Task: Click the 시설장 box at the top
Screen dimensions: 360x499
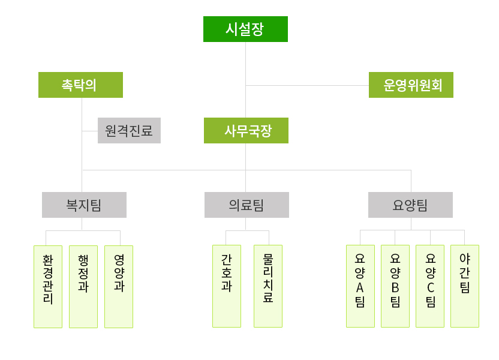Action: [x=245, y=29]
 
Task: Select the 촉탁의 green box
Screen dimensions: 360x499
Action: [x=80, y=85]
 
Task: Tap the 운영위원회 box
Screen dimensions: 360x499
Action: [x=411, y=85]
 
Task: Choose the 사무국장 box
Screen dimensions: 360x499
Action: [x=246, y=130]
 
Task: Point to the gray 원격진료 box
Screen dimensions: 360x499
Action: [x=129, y=130]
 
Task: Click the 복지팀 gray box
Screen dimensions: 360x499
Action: [x=84, y=205]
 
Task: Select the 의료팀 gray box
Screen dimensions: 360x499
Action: [x=247, y=205]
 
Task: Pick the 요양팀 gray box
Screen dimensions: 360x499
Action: [x=410, y=205]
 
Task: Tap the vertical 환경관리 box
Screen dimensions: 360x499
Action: [x=48, y=286]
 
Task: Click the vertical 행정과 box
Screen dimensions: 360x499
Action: [x=83, y=286]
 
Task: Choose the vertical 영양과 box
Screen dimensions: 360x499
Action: [x=119, y=286]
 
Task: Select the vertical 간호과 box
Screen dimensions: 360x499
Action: [x=227, y=286]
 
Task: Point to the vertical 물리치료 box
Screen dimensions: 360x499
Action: [x=268, y=286]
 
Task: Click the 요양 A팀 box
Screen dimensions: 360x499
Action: [x=360, y=286]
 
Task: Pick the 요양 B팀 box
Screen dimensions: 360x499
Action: [x=395, y=286]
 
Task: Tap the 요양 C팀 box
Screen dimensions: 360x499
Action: [x=430, y=286]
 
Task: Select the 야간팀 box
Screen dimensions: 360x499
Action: [x=465, y=286]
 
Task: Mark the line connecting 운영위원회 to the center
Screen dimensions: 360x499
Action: [x=307, y=85]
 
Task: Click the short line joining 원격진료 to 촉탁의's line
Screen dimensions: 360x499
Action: [x=90, y=130]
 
